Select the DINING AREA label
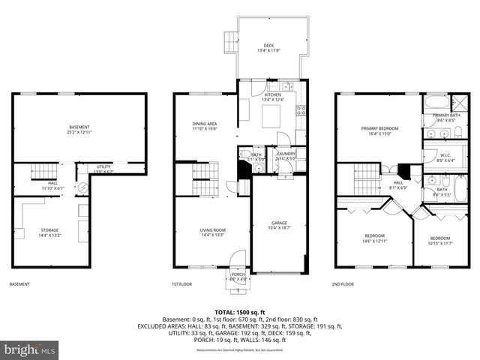204,125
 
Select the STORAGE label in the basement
49,232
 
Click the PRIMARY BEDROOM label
379,130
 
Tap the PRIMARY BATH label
445,117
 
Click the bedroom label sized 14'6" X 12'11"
374,238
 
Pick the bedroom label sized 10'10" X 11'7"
445,240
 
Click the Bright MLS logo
30,349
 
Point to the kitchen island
271,116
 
